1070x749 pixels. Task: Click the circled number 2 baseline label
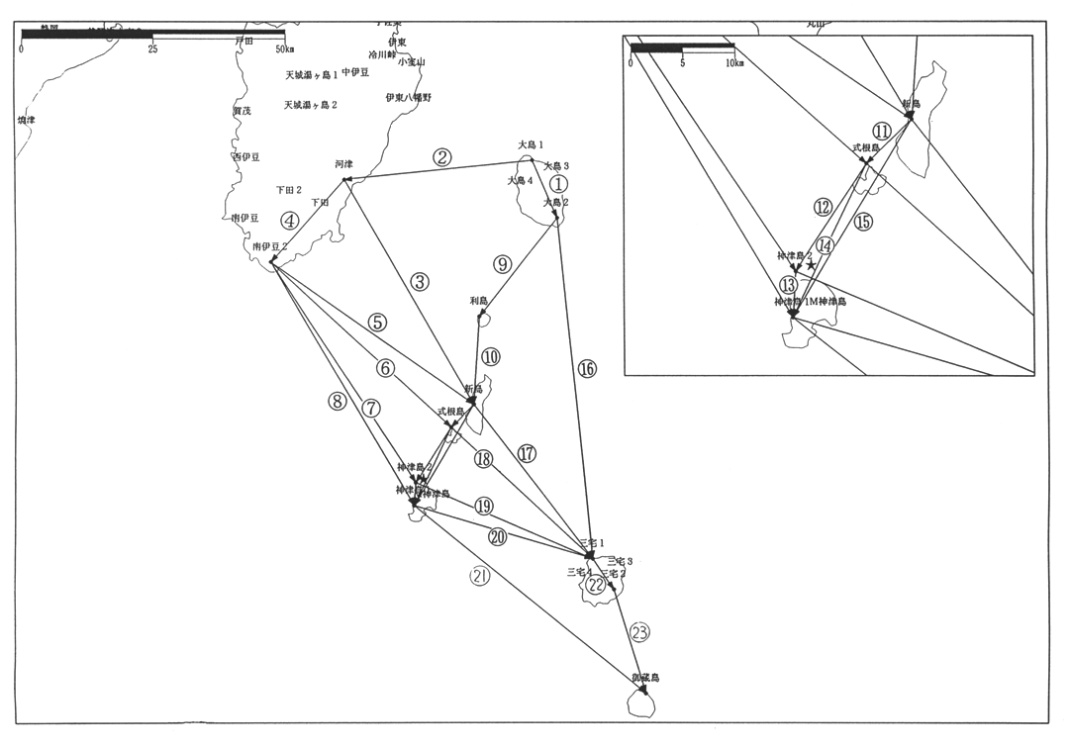(x=441, y=156)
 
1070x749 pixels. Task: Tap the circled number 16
(x=587, y=368)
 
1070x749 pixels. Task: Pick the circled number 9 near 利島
(x=503, y=264)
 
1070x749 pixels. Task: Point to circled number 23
(x=640, y=632)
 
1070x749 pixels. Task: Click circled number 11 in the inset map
(x=882, y=131)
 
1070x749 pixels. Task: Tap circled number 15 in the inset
(x=863, y=222)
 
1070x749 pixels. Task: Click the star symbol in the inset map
(x=811, y=265)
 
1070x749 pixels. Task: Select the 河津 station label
(x=343, y=163)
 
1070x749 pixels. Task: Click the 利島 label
(x=480, y=300)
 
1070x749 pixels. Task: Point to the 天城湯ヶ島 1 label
(x=312, y=75)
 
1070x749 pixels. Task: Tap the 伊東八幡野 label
(x=409, y=97)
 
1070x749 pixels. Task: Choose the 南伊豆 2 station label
(x=269, y=245)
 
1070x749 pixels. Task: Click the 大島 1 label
(x=532, y=144)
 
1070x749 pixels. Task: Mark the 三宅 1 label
(x=592, y=542)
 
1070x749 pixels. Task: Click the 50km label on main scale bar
(x=284, y=48)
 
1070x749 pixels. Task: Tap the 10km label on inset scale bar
(x=734, y=63)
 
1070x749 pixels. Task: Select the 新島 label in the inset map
(x=912, y=103)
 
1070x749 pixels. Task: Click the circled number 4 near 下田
(x=289, y=220)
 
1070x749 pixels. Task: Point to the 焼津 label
(x=27, y=120)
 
